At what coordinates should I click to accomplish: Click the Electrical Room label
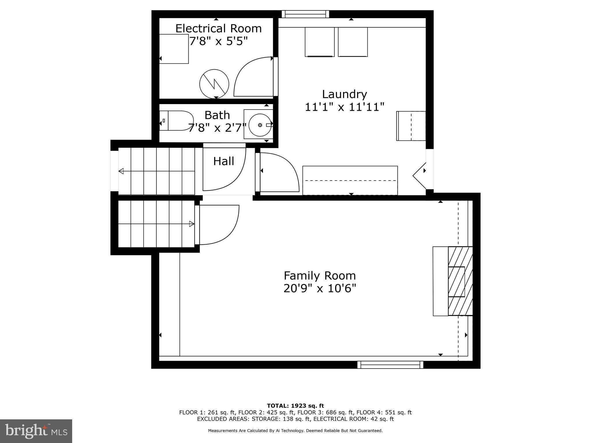pyautogui.click(x=218, y=29)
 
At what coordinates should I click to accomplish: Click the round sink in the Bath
pyautogui.click(x=260, y=125)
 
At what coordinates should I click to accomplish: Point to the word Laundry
pyautogui.click(x=344, y=94)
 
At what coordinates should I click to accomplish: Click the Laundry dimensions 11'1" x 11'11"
pyautogui.click(x=345, y=107)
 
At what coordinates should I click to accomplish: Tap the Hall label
pyautogui.click(x=223, y=161)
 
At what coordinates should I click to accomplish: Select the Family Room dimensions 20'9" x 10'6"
pyautogui.click(x=320, y=288)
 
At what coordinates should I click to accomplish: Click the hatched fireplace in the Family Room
pyautogui.click(x=460, y=281)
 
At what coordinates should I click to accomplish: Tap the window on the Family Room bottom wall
pyautogui.click(x=390, y=365)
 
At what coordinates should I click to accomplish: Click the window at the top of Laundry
pyautogui.click(x=305, y=14)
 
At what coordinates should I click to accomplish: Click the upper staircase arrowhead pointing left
pyautogui.click(x=121, y=171)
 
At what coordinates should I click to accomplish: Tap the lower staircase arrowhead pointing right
pyautogui.click(x=192, y=224)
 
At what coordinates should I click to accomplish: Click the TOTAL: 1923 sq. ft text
pyautogui.click(x=295, y=406)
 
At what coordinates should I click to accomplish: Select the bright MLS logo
pyautogui.click(x=36, y=431)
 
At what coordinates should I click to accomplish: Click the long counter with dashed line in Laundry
pyautogui.click(x=350, y=180)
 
